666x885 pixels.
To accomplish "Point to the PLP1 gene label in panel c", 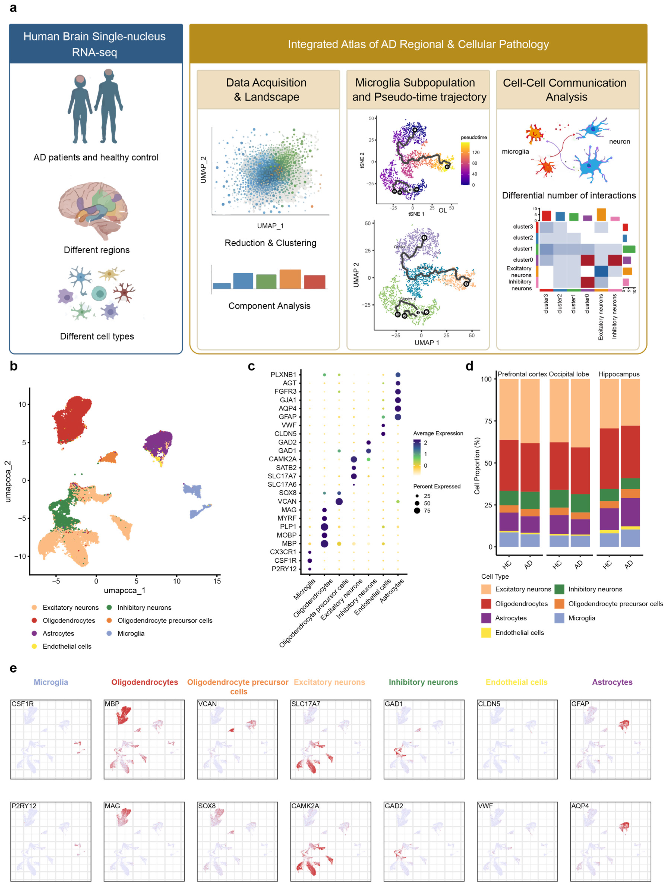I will coord(287,526).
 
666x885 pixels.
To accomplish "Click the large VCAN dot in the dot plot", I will coord(339,501).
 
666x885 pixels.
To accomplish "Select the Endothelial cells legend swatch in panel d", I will coord(486,633).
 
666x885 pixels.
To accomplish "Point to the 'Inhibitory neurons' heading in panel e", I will coord(423,682).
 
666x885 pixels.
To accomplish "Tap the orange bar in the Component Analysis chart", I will coord(290,279).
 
